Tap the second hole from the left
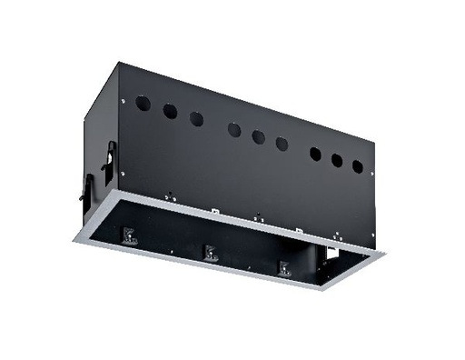[x=170, y=111]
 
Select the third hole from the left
[x=196, y=118]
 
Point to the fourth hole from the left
[x=234, y=130]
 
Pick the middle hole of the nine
[x=258, y=136]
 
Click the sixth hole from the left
[x=282, y=143]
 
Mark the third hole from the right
[x=315, y=154]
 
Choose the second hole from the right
[x=337, y=161]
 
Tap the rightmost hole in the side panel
[x=358, y=167]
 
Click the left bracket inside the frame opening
[x=128, y=238]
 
